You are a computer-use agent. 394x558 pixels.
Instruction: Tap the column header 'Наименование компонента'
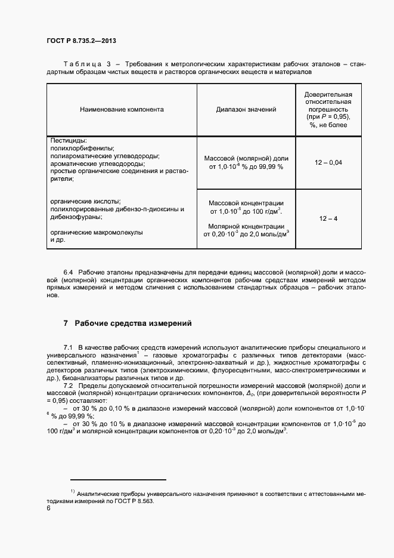[x=122, y=110]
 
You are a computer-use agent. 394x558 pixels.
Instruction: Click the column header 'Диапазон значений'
[x=246, y=110]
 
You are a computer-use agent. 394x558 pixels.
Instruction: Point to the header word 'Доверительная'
[x=328, y=95]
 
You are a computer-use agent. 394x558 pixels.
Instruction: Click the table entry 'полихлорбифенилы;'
[x=83, y=148]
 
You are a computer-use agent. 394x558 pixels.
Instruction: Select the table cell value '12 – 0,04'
[x=328, y=163]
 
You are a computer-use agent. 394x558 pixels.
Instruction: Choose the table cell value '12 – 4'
[x=328, y=219]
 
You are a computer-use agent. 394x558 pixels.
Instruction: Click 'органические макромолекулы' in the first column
[x=97, y=233]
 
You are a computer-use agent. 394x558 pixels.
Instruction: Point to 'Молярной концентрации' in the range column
[x=246, y=226]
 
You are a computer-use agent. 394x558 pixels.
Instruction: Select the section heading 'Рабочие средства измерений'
[x=132, y=323]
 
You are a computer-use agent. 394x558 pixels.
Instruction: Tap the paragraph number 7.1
[x=69, y=347]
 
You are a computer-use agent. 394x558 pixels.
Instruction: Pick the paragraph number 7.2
[x=69, y=387]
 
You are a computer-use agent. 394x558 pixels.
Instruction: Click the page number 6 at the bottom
[x=49, y=509]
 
